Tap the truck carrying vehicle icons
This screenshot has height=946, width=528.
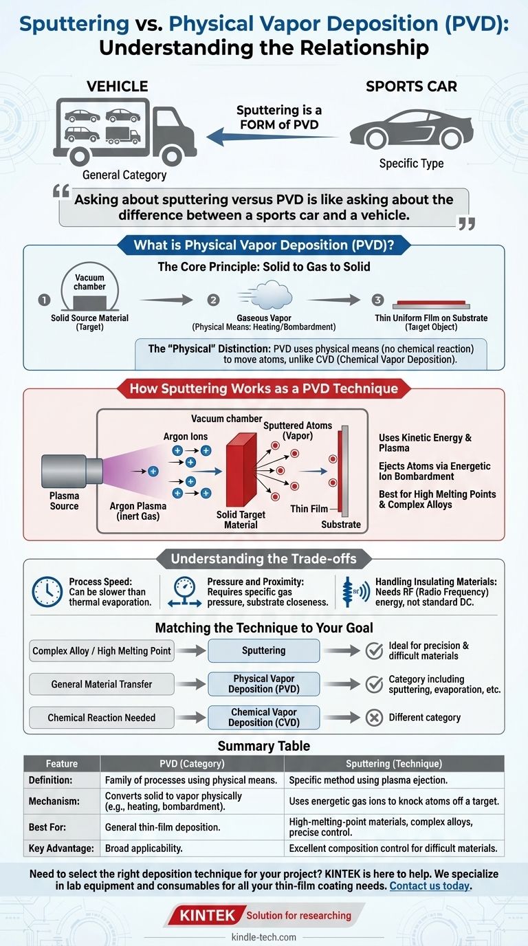click(x=125, y=130)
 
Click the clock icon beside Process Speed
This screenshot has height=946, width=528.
click(x=47, y=591)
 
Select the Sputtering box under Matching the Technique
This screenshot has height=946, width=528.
click(x=263, y=650)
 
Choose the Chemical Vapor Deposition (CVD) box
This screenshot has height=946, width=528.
click(x=263, y=718)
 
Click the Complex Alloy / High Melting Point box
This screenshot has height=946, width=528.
click(x=102, y=650)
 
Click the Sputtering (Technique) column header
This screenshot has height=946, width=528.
click(x=394, y=764)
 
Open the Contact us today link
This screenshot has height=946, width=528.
click(x=430, y=886)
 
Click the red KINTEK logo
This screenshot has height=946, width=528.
click(x=207, y=915)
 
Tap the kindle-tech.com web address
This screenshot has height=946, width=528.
click(x=264, y=937)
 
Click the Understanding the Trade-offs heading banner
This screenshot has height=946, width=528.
click(x=263, y=558)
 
